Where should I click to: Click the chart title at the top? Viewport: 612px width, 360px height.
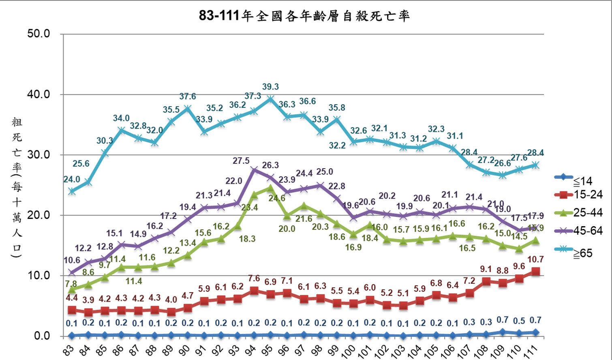(x=304, y=16)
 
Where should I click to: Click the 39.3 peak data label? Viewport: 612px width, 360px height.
(x=270, y=87)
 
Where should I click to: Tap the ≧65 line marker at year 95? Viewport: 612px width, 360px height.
(x=270, y=99)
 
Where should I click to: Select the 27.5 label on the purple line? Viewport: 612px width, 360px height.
(x=241, y=161)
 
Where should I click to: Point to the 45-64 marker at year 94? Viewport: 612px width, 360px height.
(x=254, y=170)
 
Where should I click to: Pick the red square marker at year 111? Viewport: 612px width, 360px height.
(x=535, y=272)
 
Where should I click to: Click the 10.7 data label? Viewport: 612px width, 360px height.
(x=535, y=259)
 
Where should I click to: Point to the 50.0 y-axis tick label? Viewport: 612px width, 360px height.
(x=39, y=34)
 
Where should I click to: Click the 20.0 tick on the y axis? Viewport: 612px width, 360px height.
(x=39, y=215)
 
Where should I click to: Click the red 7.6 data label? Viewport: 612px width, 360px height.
(x=254, y=279)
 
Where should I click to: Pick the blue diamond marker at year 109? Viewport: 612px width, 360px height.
(x=503, y=332)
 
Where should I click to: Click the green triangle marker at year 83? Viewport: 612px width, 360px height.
(x=72, y=289)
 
